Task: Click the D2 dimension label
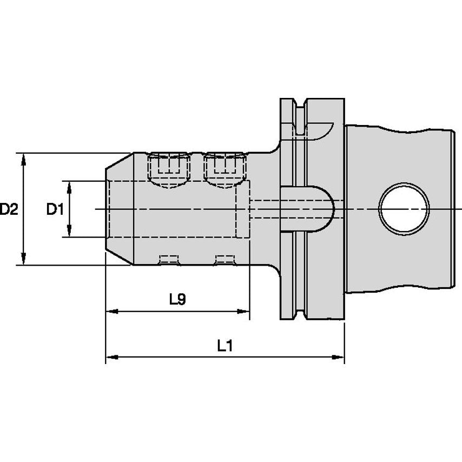[x=9, y=209]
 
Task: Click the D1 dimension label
[x=55, y=209]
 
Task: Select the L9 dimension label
[x=177, y=299]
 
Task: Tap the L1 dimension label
[x=225, y=346]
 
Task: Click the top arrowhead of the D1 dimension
[x=69, y=186]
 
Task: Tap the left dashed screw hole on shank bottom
[x=169, y=260]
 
